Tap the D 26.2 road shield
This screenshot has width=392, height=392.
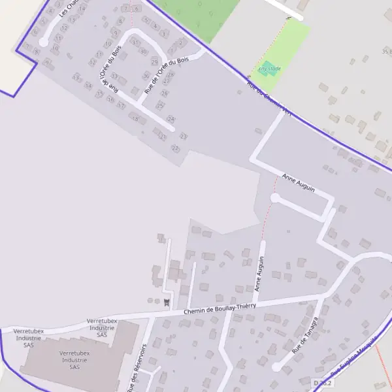322,383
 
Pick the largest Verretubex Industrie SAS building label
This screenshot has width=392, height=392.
74,360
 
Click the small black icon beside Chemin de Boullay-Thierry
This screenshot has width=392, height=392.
167,301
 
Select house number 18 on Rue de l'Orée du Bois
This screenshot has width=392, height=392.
135,119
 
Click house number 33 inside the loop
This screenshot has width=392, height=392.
113,76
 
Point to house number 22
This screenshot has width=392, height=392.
175,148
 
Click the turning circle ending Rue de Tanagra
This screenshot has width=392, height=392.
276,368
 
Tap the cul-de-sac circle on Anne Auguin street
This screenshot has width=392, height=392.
275,197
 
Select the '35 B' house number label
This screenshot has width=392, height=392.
385,50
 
